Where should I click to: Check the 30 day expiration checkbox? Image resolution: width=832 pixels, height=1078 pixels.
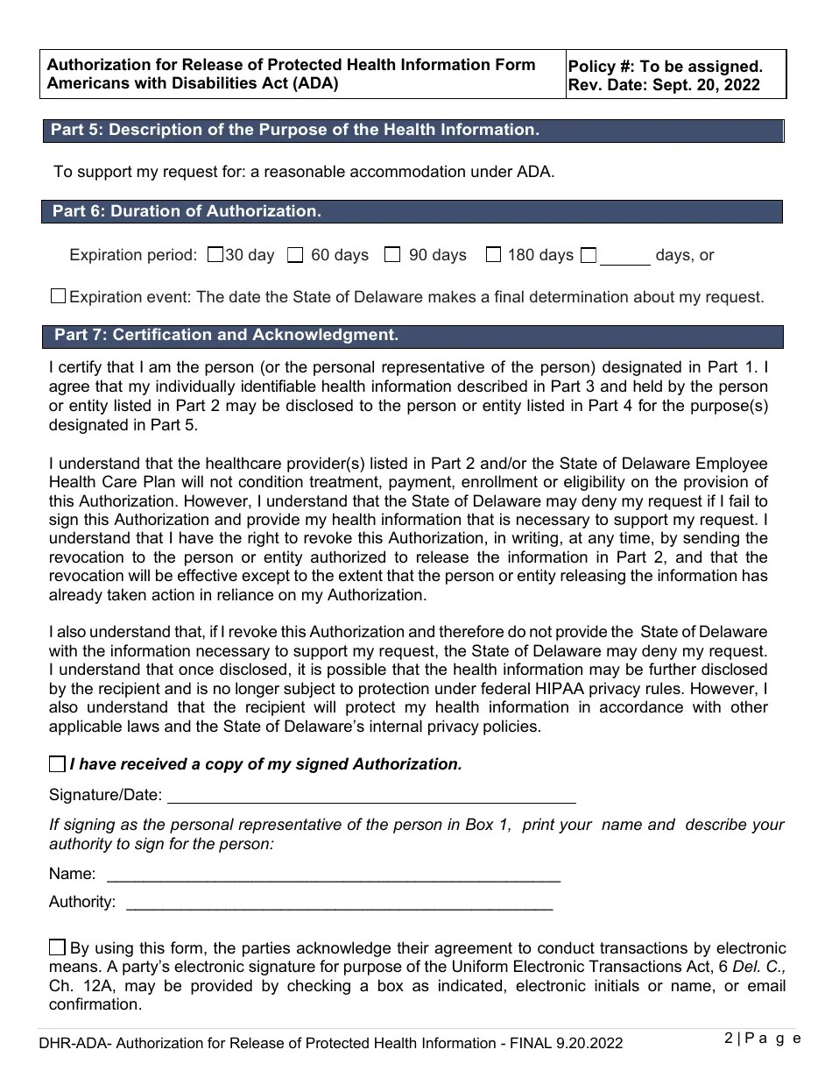tap(215, 255)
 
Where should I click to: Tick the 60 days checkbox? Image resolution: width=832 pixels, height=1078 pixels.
tap(296, 255)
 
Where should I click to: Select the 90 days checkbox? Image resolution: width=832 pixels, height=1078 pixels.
tap(393, 255)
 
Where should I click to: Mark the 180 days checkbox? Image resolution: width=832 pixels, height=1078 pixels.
tap(494, 255)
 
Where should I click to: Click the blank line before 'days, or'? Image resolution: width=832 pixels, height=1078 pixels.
tap(625, 258)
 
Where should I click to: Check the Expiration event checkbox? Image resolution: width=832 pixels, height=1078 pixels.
tap(58, 296)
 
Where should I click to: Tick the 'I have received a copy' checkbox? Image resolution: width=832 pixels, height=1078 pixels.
tap(58, 764)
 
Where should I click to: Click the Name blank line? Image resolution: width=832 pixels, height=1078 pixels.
tap(333, 875)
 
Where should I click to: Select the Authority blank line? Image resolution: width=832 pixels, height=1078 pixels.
tap(340, 903)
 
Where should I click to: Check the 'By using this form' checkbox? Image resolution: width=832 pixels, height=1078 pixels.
tap(58, 947)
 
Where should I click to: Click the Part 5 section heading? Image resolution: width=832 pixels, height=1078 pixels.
tap(294, 130)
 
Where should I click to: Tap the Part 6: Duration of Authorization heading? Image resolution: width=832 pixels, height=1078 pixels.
tap(187, 211)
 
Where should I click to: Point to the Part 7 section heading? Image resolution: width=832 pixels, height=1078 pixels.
tap(226, 335)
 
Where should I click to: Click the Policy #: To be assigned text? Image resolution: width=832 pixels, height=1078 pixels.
tap(666, 67)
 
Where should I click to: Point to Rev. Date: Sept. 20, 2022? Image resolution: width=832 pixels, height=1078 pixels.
tap(664, 85)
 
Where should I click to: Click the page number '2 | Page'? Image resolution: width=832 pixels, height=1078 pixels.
tap(762, 1039)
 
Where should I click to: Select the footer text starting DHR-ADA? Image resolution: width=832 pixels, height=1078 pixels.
tap(331, 1043)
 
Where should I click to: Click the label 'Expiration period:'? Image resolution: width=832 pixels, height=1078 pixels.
tap(133, 255)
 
